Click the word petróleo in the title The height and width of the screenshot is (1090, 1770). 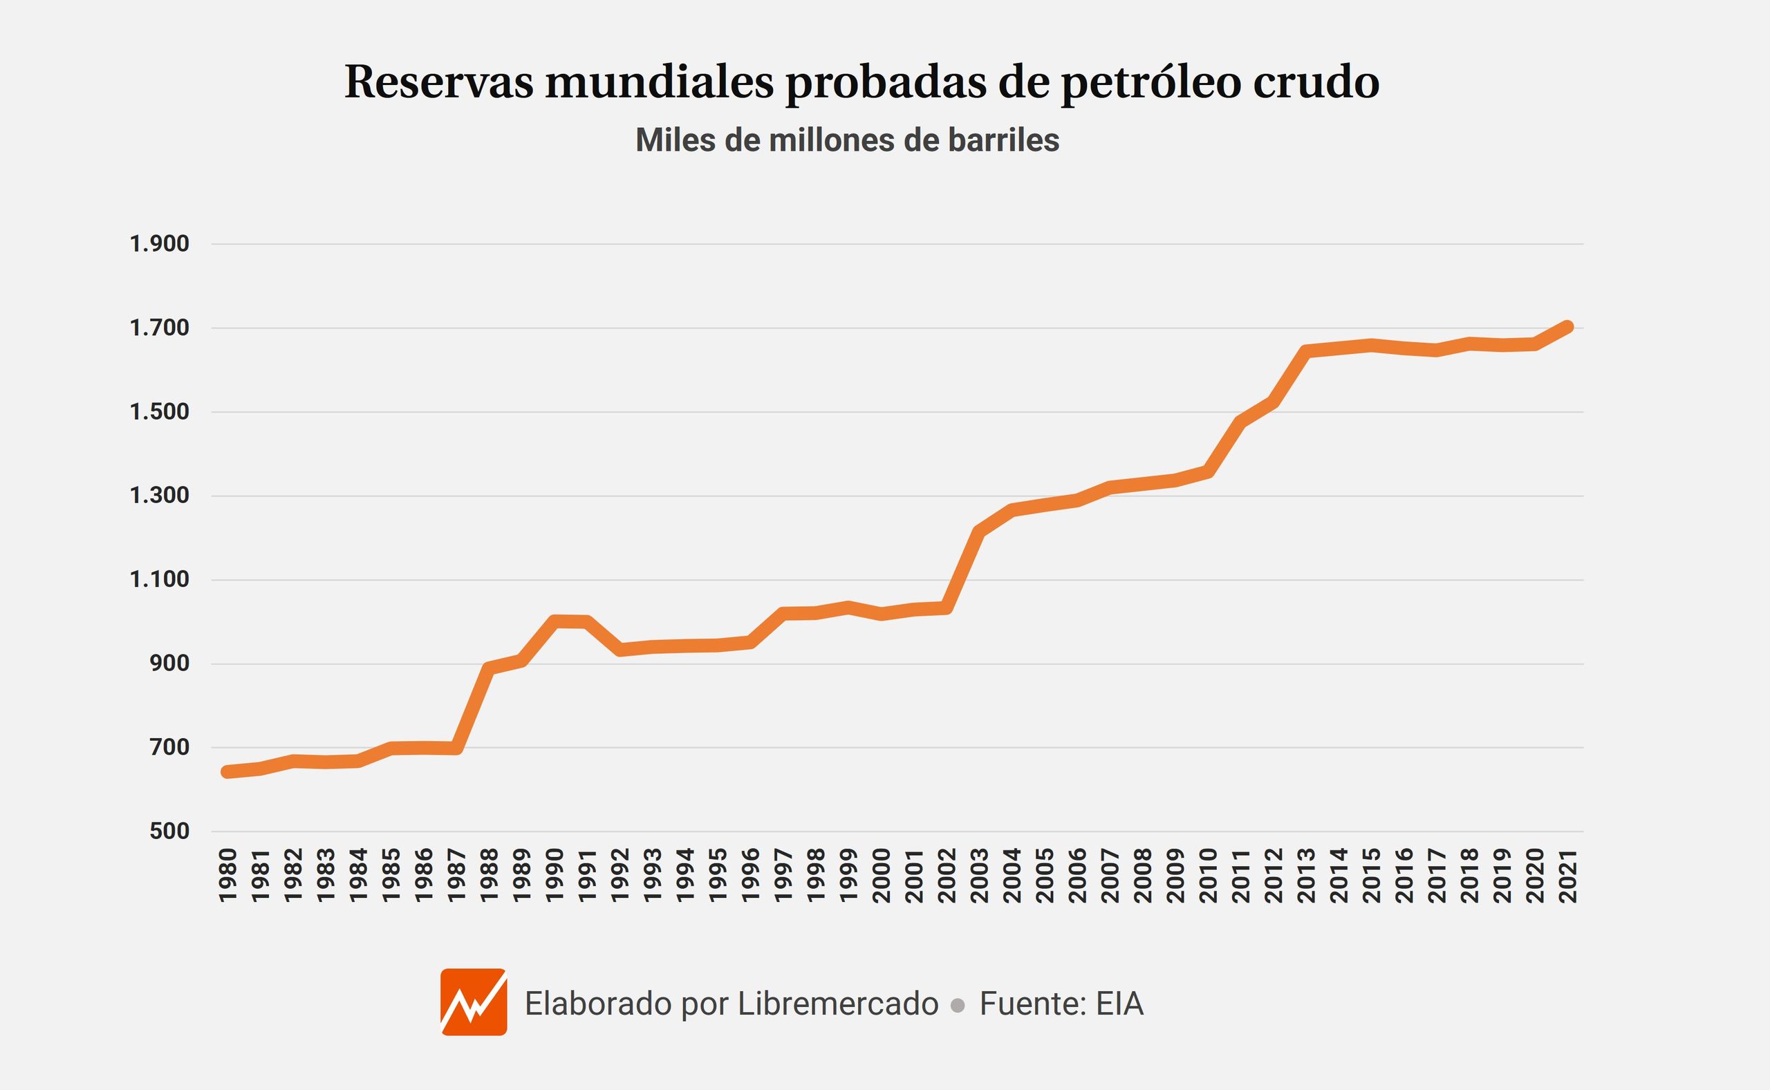point(1150,83)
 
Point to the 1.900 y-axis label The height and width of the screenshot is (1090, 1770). point(159,244)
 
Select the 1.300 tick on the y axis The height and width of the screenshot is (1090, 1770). point(159,496)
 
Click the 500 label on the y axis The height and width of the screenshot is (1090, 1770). point(169,831)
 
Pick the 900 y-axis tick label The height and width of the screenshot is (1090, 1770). point(169,664)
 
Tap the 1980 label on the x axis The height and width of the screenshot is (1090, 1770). point(228,876)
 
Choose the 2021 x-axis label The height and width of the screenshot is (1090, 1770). point(1568,876)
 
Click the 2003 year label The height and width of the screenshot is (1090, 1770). point(979,876)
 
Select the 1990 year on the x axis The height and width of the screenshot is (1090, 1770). point(555,876)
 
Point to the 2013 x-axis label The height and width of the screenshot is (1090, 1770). point(1306,876)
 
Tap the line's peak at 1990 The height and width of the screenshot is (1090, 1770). point(555,621)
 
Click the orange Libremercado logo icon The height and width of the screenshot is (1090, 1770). point(474,1002)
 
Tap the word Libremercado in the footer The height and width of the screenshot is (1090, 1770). point(838,1004)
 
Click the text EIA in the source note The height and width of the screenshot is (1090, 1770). point(1119,1004)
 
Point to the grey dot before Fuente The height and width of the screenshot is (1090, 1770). point(958,1006)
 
